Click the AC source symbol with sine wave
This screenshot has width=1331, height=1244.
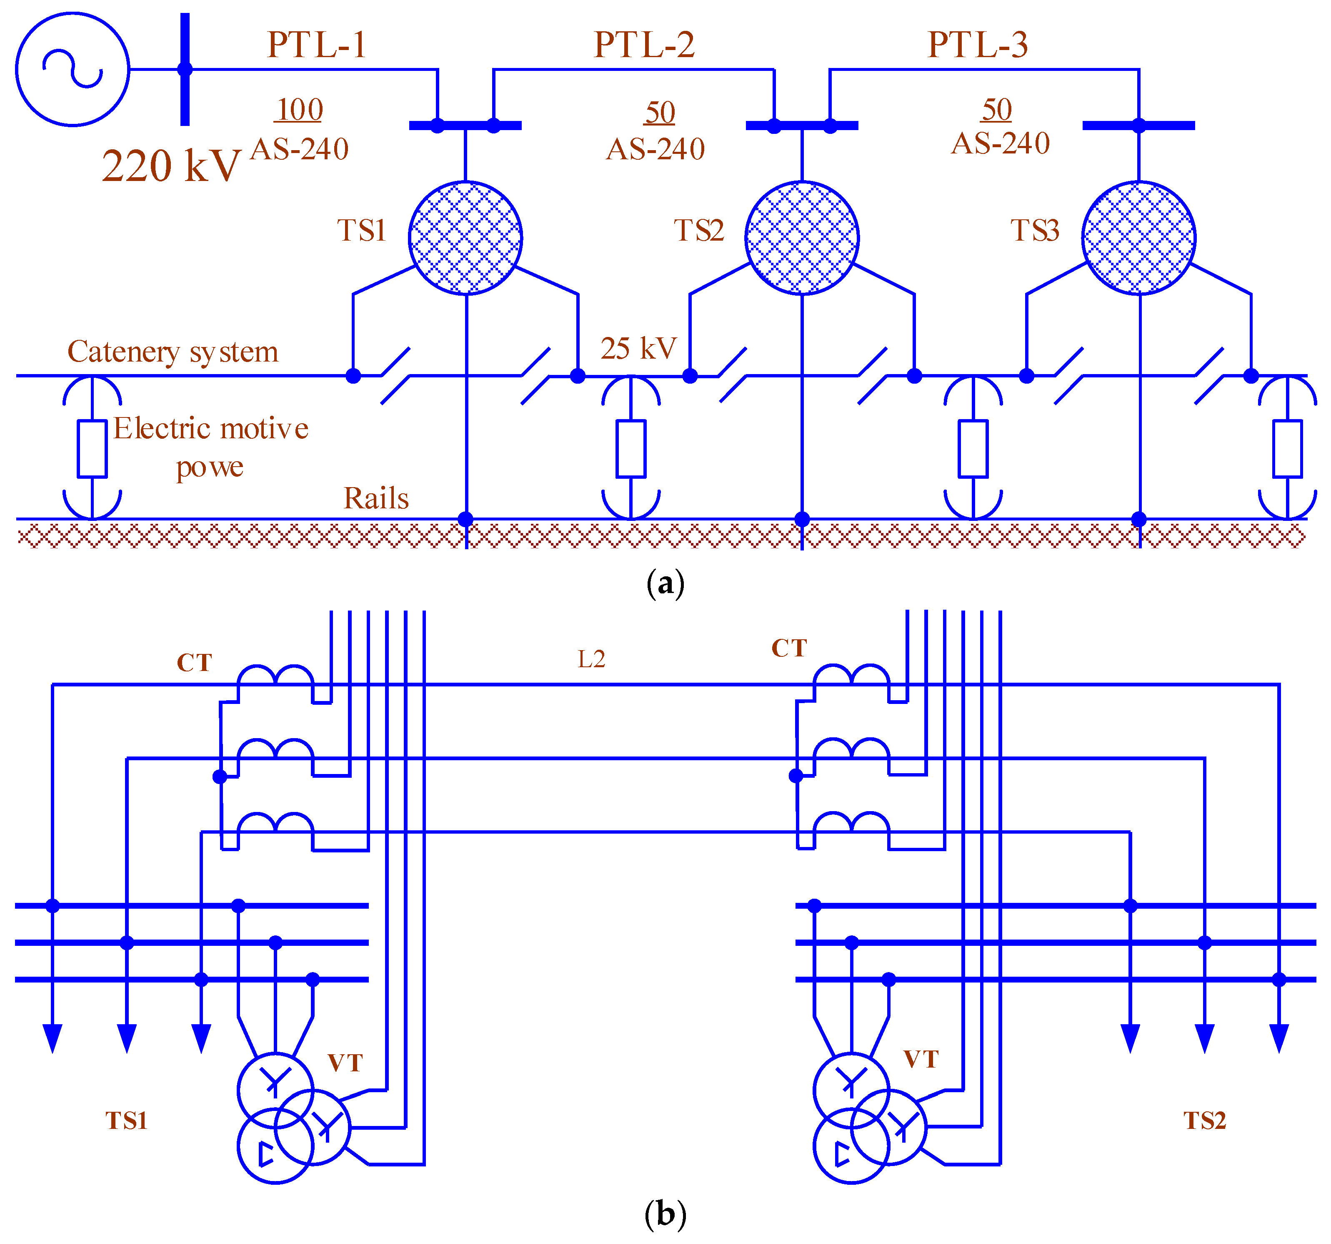point(73,69)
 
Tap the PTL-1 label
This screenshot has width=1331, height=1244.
point(317,45)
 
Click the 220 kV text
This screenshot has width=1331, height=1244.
point(171,166)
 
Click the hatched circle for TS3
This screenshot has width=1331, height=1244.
point(1138,238)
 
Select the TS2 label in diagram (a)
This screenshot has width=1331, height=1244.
point(698,231)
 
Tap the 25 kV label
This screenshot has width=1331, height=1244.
point(638,348)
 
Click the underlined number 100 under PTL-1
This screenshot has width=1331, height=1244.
point(299,110)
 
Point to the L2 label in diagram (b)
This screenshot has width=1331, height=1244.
point(591,659)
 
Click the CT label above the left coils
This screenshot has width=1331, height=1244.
point(194,663)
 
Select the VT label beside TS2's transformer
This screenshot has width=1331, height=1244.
point(921,1059)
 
